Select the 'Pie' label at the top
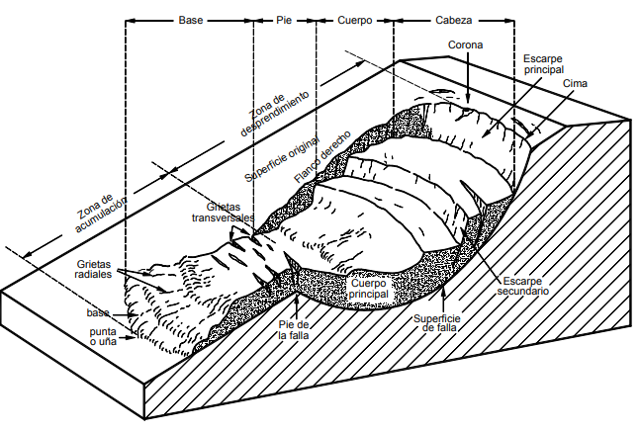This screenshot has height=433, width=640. [283, 20]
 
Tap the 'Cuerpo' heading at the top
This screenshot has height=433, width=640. [354, 20]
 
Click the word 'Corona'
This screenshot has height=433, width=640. [466, 45]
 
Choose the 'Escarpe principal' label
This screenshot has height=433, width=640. [543, 64]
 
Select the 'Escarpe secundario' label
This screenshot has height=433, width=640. [520, 286]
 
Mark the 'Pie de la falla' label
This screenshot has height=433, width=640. [294, 330]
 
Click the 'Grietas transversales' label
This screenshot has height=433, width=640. [223, 211]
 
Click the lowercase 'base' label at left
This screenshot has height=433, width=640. [96, 313]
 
